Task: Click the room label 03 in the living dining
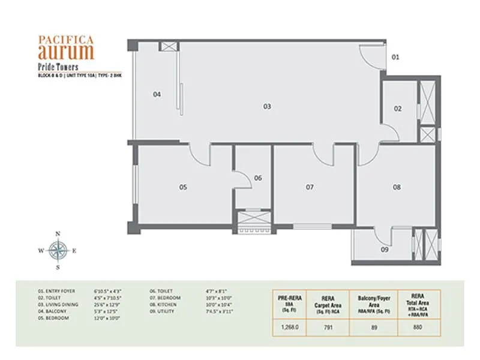coord(267,106)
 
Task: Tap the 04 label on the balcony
coord(157,94)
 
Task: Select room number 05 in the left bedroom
coord(183,187)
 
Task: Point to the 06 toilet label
coord(258,178)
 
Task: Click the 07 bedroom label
coord(310,187)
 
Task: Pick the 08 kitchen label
coord(397,187)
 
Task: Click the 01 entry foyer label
coord(395,57)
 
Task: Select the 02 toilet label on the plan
coord(398,109)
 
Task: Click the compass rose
coord(58,250)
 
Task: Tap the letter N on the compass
coord(58,233)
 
